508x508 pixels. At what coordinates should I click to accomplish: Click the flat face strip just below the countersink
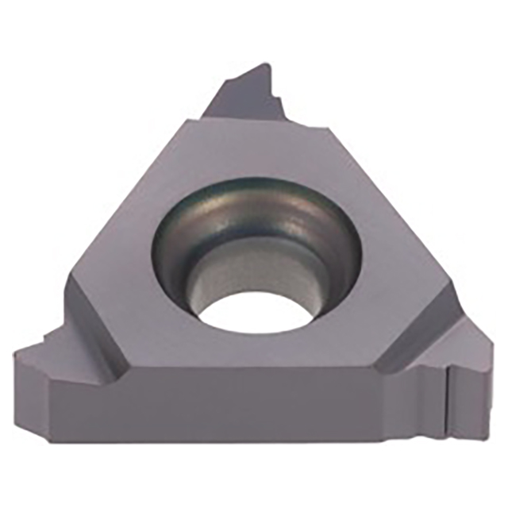(254, 349)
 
